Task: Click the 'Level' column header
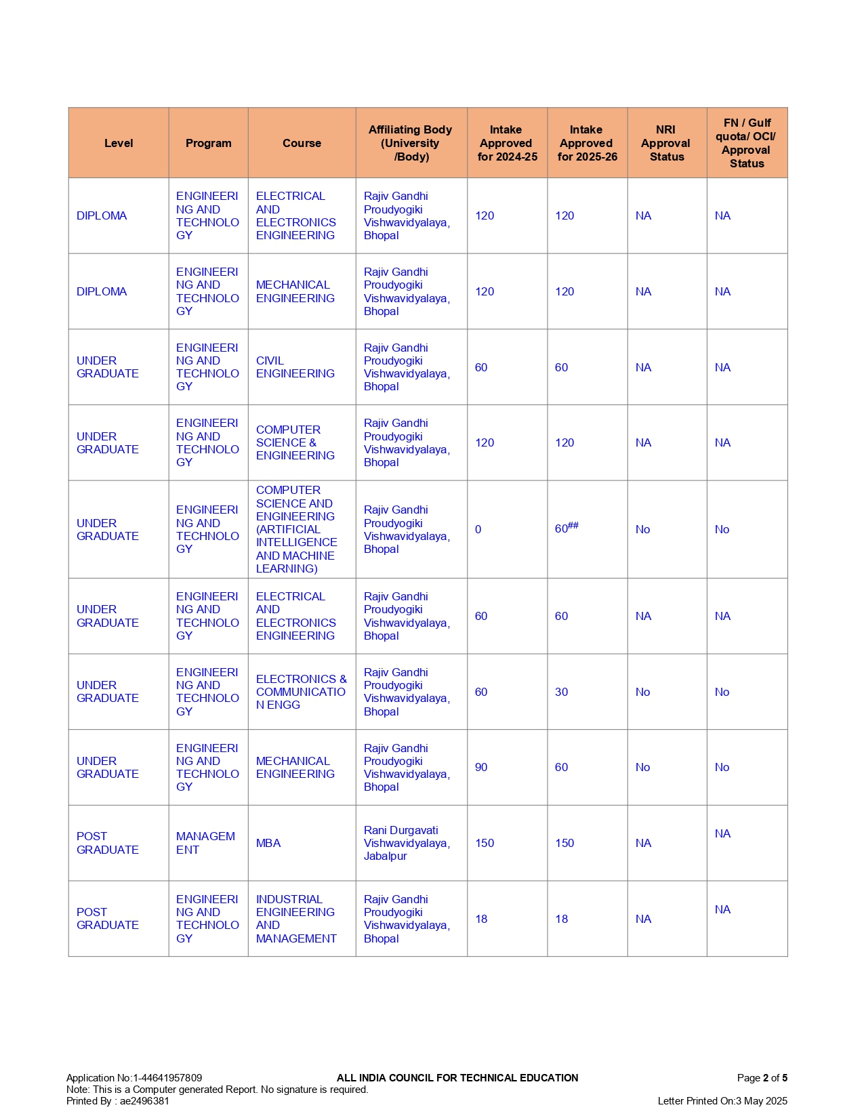[119, 143]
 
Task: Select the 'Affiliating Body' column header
[410, 143]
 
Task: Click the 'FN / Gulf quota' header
[746, 143]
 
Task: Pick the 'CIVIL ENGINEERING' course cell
[295, 367]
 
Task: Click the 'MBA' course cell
[268, 843]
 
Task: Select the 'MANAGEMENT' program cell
[205, 843]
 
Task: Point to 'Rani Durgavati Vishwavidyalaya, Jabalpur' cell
[407, 843]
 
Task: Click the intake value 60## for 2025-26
[567, 529]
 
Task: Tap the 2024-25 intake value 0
[478, 529]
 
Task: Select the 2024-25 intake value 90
[481, 767]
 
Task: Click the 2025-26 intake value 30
[562, 692]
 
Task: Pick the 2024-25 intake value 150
[485, 843]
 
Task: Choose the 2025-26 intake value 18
[562, 919]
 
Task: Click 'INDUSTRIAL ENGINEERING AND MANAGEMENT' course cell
[296, 919]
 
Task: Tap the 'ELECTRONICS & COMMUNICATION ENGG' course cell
[301, 692]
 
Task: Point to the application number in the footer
[134, 1077]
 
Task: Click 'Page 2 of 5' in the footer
[762, 1077]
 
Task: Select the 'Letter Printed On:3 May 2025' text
[722, 1100]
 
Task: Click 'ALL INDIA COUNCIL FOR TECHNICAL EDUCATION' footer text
[457, 1077]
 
